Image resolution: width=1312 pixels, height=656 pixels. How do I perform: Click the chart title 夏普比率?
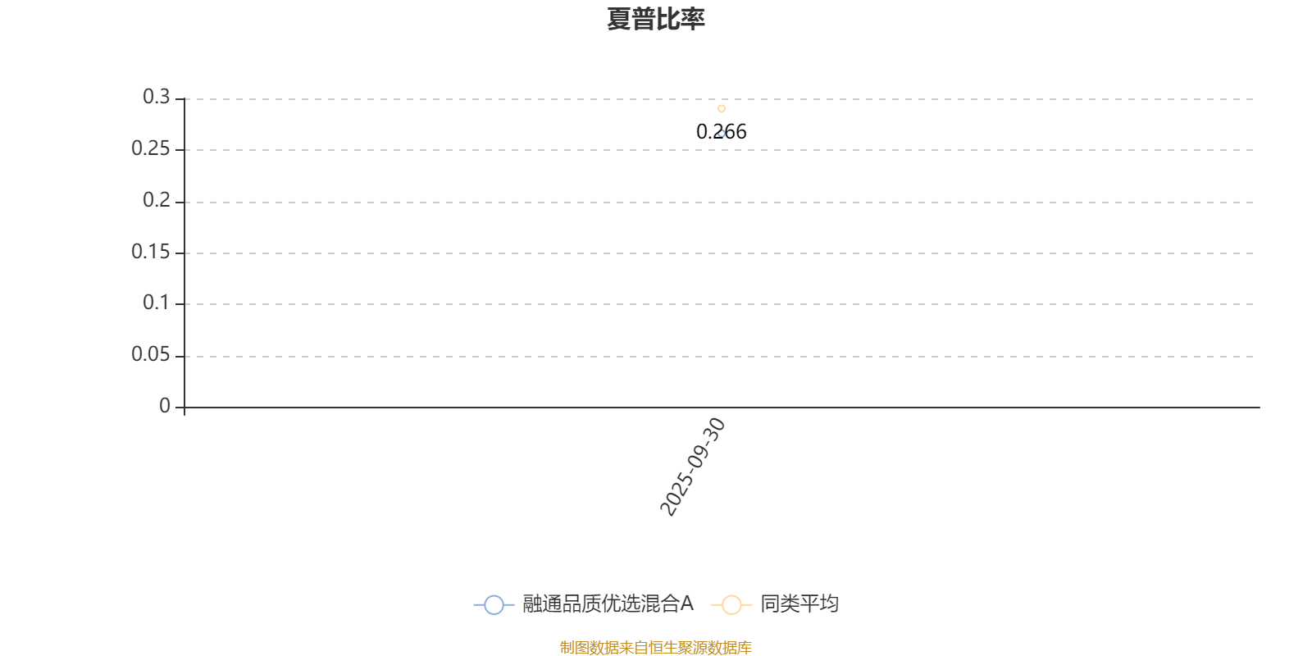coord(656,19)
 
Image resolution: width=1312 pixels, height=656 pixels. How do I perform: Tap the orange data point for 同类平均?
coord(722,108)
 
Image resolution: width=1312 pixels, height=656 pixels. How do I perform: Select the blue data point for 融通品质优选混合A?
coord(722,133)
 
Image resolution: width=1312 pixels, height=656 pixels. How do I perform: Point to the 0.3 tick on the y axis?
coord(156,98)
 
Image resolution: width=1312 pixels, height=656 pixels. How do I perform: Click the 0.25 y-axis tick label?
coord(150,149)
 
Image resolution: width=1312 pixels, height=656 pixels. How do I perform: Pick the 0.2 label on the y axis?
coord(156,201)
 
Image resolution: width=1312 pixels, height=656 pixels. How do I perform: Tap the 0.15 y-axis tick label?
coord(150,252)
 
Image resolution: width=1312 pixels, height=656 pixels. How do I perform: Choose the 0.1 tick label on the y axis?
coord(156,303)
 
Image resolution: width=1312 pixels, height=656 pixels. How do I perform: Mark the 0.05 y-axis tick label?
coord(150,355)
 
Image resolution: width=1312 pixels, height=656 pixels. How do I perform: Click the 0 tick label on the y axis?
coord(165,406)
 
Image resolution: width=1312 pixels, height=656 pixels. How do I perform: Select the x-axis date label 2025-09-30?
coord(694,467)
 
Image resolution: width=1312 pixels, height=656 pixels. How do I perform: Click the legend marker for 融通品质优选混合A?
coord(494,605)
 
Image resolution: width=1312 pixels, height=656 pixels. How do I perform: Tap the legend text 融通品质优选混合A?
coord(608,604)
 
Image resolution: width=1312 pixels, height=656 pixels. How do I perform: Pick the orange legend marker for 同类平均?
coord(731,605)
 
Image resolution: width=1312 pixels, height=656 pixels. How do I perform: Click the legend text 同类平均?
coord(799,604)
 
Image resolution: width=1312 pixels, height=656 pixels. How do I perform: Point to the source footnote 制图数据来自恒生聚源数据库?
coord(656,648)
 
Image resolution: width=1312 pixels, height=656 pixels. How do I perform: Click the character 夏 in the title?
coord(619,19)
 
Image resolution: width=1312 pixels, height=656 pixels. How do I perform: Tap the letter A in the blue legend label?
coord(687,604)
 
